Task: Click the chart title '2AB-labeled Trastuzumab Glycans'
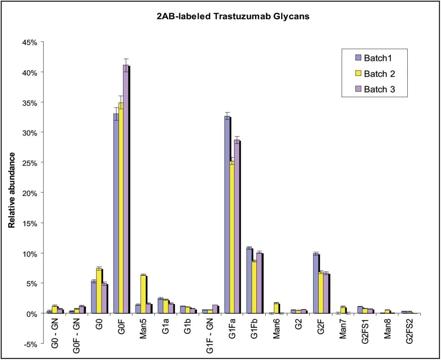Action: pyautogui.click(x=233, y=17)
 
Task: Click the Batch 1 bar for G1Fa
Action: pyautogui.click(x=227, y=215)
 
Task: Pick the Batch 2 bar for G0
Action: pyautogui.click(x=99, y=291)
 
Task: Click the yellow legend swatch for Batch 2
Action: pyautogui.click(x=358, y=74)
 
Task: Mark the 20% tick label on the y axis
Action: pyautogui.click(x=30, y=193)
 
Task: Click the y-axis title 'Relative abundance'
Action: pyautogui.click(x=12, y=190)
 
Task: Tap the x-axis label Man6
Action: pyautogui.click(x=276, y=330)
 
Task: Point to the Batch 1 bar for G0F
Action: pyautogui.click(x=116, y=213)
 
